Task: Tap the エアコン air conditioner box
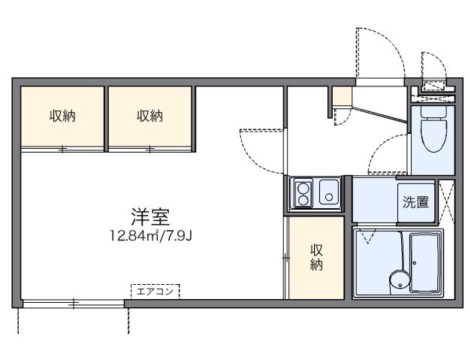point(155,290)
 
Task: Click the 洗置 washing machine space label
point(415,201)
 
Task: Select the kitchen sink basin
point(328,193)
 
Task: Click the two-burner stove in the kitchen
point(303,192)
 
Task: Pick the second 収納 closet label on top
point(149,116)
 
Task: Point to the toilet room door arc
point(386,156)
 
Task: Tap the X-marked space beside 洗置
point(446,202)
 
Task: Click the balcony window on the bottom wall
point(73,303)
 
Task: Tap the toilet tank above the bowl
point(433,113)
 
